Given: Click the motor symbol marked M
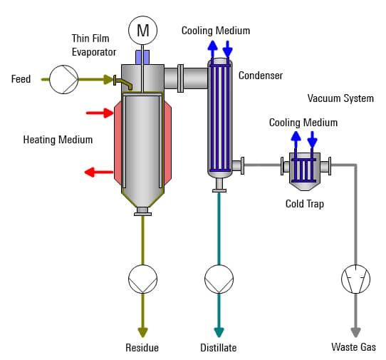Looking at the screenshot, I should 142,30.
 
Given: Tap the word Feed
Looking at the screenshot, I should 21,79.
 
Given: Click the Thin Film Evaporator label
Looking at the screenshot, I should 94,45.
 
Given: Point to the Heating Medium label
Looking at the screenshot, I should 58,140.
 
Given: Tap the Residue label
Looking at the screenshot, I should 142,348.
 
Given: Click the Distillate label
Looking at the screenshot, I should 218,348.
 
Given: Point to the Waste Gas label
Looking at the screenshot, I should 354,347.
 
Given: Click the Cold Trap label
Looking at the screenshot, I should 305,204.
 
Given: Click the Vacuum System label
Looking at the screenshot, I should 340,98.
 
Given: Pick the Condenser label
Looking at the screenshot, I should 261,76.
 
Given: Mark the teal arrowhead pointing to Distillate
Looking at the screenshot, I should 219,331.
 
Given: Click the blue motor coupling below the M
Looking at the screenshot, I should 142,56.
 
